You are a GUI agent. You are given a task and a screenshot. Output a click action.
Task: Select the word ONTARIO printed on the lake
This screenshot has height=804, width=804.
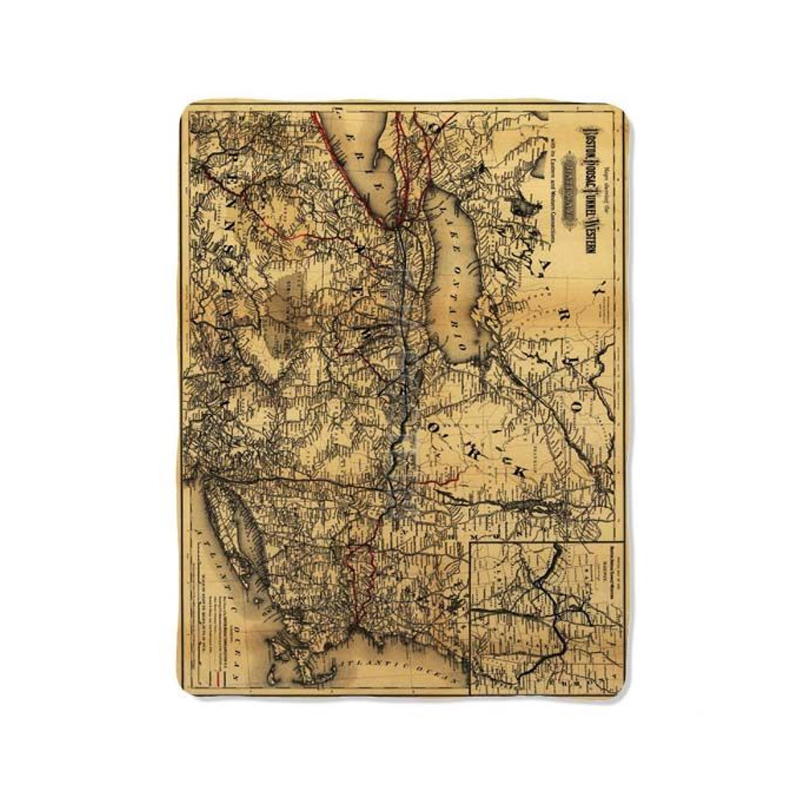coord(447,285)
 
